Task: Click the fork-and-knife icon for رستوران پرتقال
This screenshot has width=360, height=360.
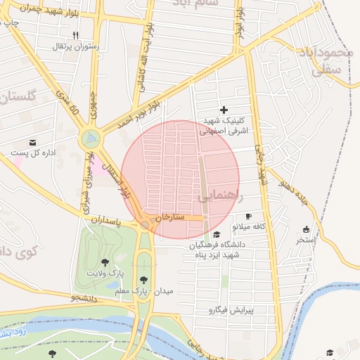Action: [75, 34]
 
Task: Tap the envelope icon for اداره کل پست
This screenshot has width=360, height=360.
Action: [32, 142]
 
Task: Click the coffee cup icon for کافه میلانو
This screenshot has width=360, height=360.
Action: [247, 216]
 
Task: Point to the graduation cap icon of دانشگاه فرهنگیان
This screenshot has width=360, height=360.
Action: [217, 235]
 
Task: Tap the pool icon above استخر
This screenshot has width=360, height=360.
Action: [306, 229]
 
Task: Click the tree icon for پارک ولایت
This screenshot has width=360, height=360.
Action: [105, 262]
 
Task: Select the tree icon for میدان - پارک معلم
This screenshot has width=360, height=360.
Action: [144, 280]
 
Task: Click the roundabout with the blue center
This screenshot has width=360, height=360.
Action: [90, 139]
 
